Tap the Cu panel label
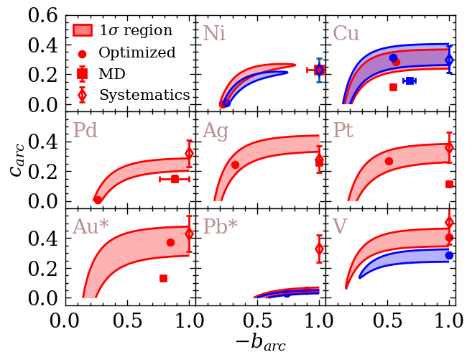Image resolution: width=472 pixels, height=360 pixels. click(346, 34)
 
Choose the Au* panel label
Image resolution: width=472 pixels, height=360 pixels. click(91, 226)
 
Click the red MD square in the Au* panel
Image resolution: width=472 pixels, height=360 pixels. click(163, 278)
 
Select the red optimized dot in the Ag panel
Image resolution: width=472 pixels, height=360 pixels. click(235, 165)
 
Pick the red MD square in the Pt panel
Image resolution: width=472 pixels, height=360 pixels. click(449, 184)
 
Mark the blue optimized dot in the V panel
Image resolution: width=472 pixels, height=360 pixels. click(449, 255)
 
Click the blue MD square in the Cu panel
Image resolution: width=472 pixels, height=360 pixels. click(409, 80)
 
